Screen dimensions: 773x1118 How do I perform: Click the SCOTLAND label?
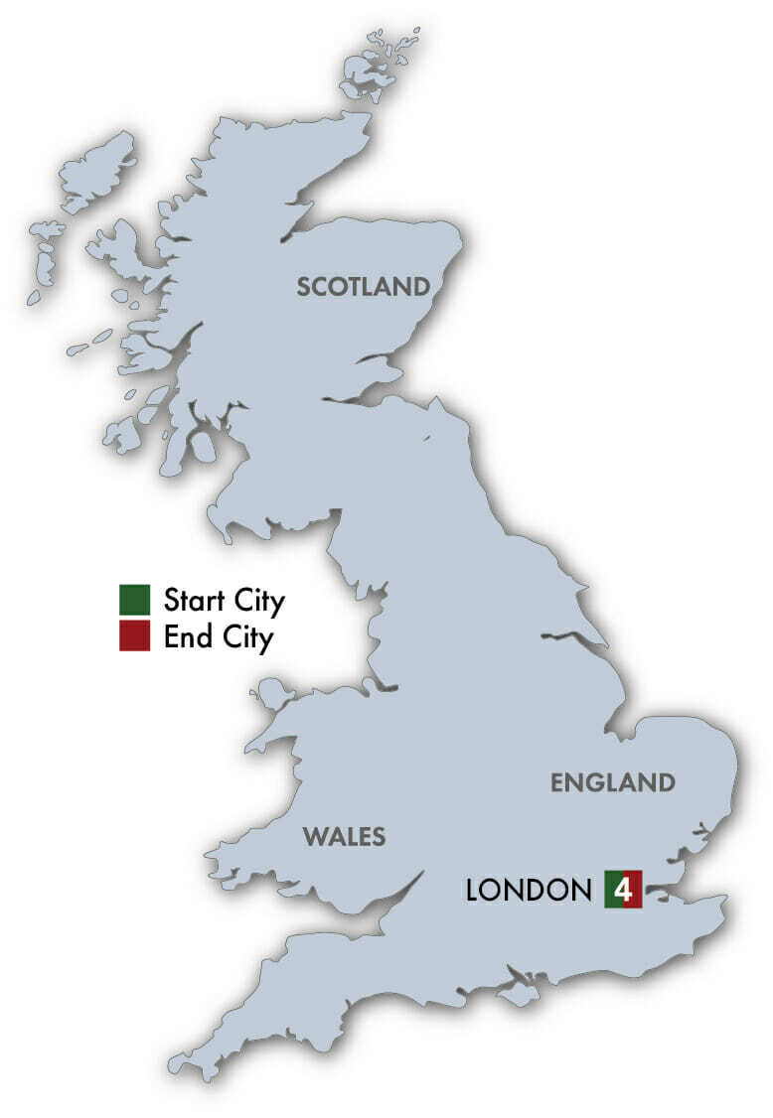364,287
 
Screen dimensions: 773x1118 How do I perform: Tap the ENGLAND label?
612,782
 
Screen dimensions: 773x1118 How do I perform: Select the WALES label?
344,836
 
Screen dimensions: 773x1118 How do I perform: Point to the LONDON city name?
528,890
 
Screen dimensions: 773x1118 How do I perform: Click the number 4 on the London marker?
624,889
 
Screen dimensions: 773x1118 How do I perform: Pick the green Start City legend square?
133,600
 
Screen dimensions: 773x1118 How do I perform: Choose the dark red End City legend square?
133,636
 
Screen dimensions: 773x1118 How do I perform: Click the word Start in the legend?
191,601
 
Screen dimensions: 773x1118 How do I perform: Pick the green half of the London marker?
612,889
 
